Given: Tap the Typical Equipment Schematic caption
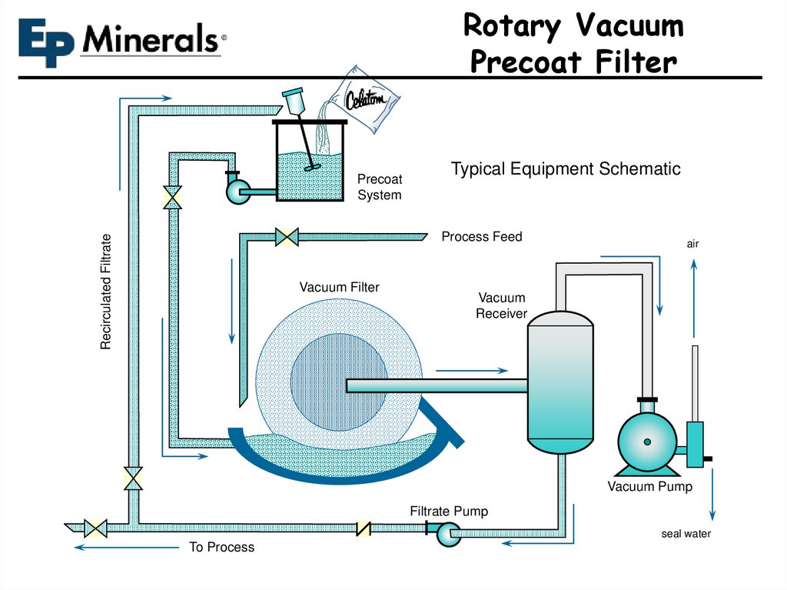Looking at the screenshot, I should click(565, 169).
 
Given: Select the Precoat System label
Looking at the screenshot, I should click(379, 187).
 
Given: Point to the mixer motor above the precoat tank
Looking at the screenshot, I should click(293, 102).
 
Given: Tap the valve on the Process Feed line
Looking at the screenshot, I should click(286, 236).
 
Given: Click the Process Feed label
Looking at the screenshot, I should click(481, 237).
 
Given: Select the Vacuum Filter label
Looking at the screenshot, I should click(339, 287).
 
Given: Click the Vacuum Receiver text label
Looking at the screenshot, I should click(501, 305).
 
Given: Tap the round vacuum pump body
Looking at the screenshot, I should click(647, 442).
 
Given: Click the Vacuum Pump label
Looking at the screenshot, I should click(649, 486).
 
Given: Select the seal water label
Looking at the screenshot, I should click(686, 534).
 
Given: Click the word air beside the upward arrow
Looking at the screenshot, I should click(692, 244).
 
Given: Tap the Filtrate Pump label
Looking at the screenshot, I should click(448, 511).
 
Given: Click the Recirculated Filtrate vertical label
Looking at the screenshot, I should click(106, 292).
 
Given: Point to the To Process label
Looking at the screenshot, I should click(221, 547).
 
